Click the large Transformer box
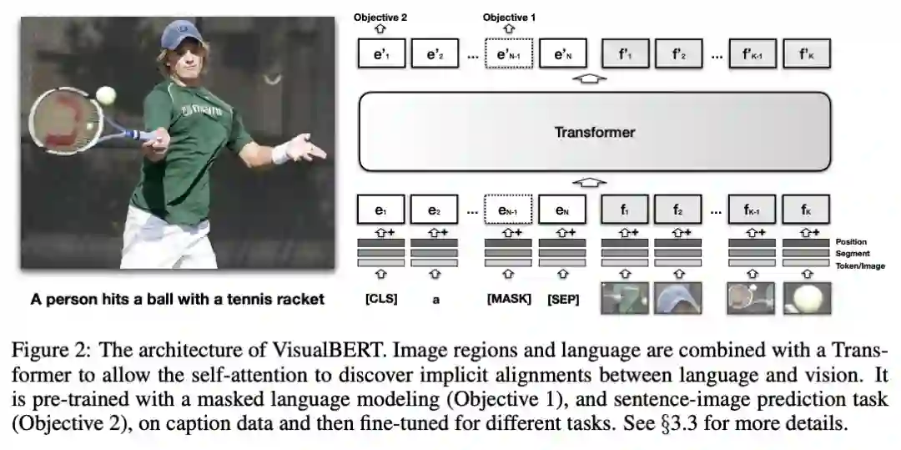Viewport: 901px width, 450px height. point(594,131)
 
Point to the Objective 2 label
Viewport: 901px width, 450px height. point(380,17)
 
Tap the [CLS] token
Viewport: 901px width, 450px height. point(381,298)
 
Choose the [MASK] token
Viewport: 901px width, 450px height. point(509,298)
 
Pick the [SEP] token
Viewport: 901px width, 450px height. point(561,298)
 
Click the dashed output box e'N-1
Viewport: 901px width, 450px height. point(509,55)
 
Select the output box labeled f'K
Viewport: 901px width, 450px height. point(805,55)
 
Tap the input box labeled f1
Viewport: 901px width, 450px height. point(624,210)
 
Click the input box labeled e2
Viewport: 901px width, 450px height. point(434,210)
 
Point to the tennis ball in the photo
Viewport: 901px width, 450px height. point(106,94)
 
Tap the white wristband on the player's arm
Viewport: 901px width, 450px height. point(282,153)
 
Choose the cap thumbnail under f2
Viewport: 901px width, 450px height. point(677,298)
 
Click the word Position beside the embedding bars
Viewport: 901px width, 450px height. point(851,242)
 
